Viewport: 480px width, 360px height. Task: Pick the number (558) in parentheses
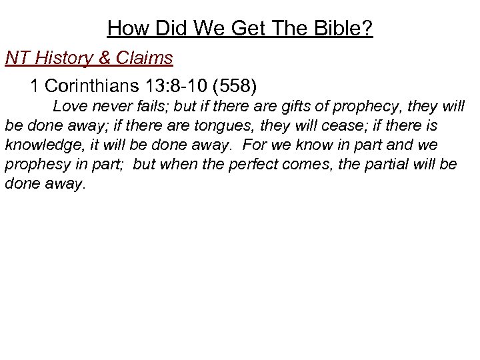click(x=236, y=87)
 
